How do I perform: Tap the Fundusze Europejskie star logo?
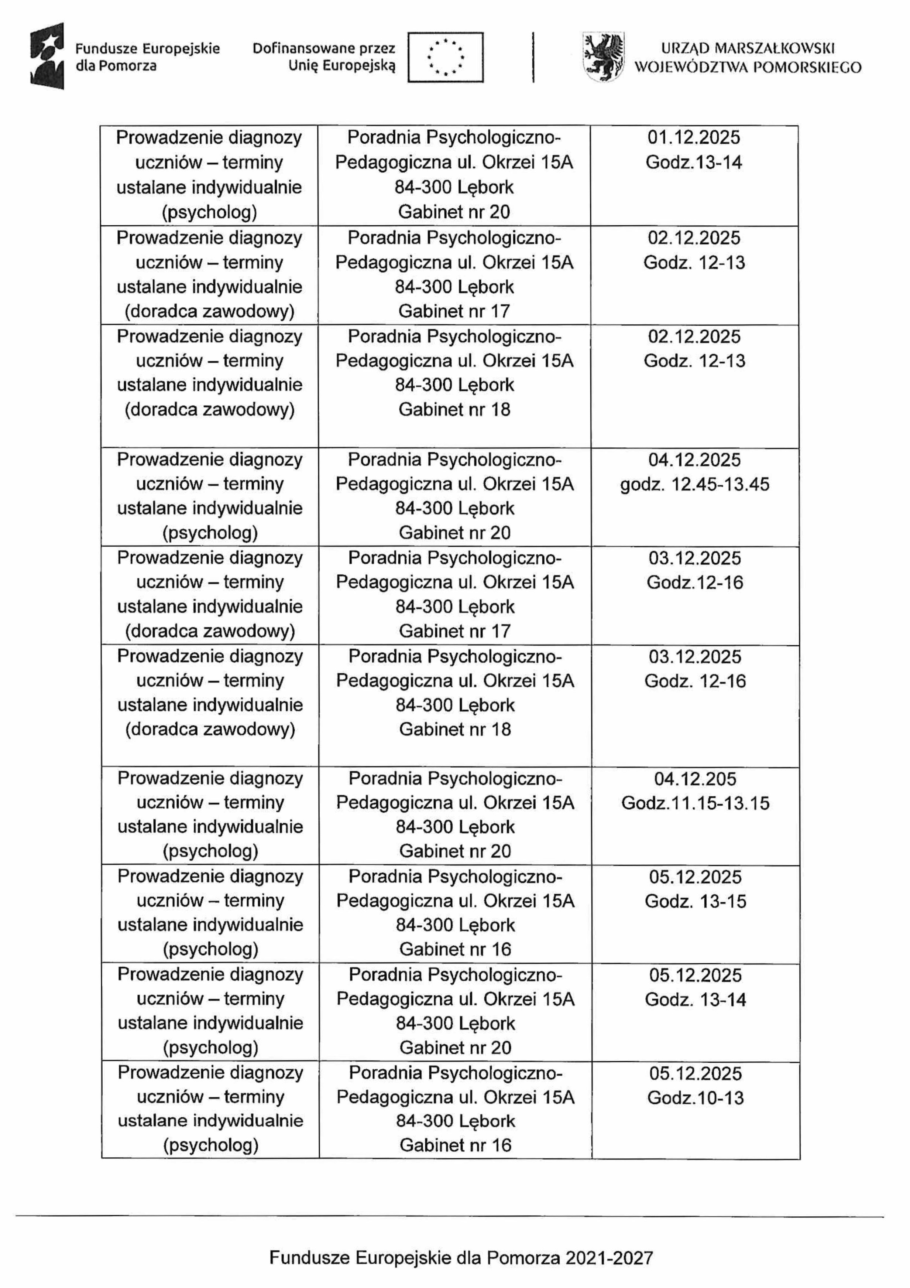(x=47, y=56)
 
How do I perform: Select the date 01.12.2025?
(x=694, y=137)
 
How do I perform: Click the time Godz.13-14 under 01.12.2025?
(x=694, y=163)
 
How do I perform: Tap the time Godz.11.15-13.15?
(x=695, y=803)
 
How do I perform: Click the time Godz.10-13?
(x=695, y=1098)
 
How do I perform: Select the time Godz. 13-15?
(x=695, y=902)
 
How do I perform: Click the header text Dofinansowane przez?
(x=323, y=49)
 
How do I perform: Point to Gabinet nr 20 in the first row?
(x=454, y=212)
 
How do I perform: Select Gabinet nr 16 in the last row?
(x=455, y=1145)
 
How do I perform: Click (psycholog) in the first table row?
(x=209, y=212)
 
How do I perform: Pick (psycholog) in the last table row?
(x=210, y=1145)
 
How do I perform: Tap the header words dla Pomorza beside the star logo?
(x=116, y=66)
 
